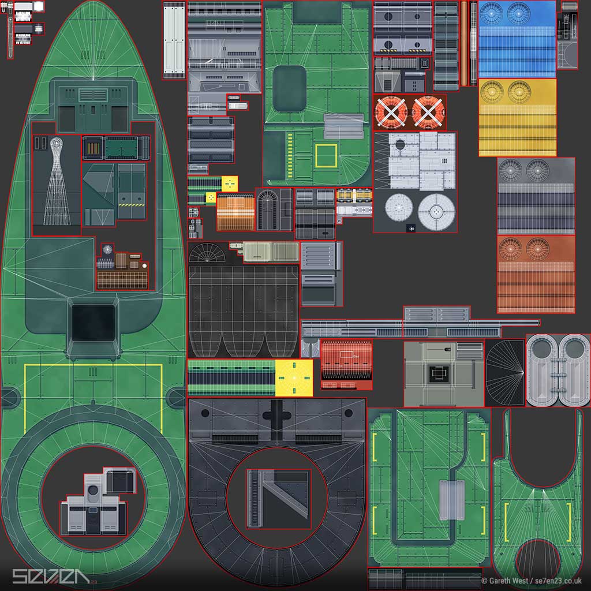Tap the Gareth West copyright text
(x=531, y=581)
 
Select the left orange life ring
(x=391, y=112)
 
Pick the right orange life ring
(x=427, y=112)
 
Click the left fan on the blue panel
(x=492, y=13)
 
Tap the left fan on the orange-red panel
(x=510, y=248)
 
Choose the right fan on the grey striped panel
(x=537, y=170)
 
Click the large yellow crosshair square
(x=294, y=377)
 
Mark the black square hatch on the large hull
(x=93, y=323)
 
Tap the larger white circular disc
(x=436, y=211)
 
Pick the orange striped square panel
(x=235, y=212)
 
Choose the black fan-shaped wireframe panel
(x=505, y=372)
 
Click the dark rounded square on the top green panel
(x=289, y=88)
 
